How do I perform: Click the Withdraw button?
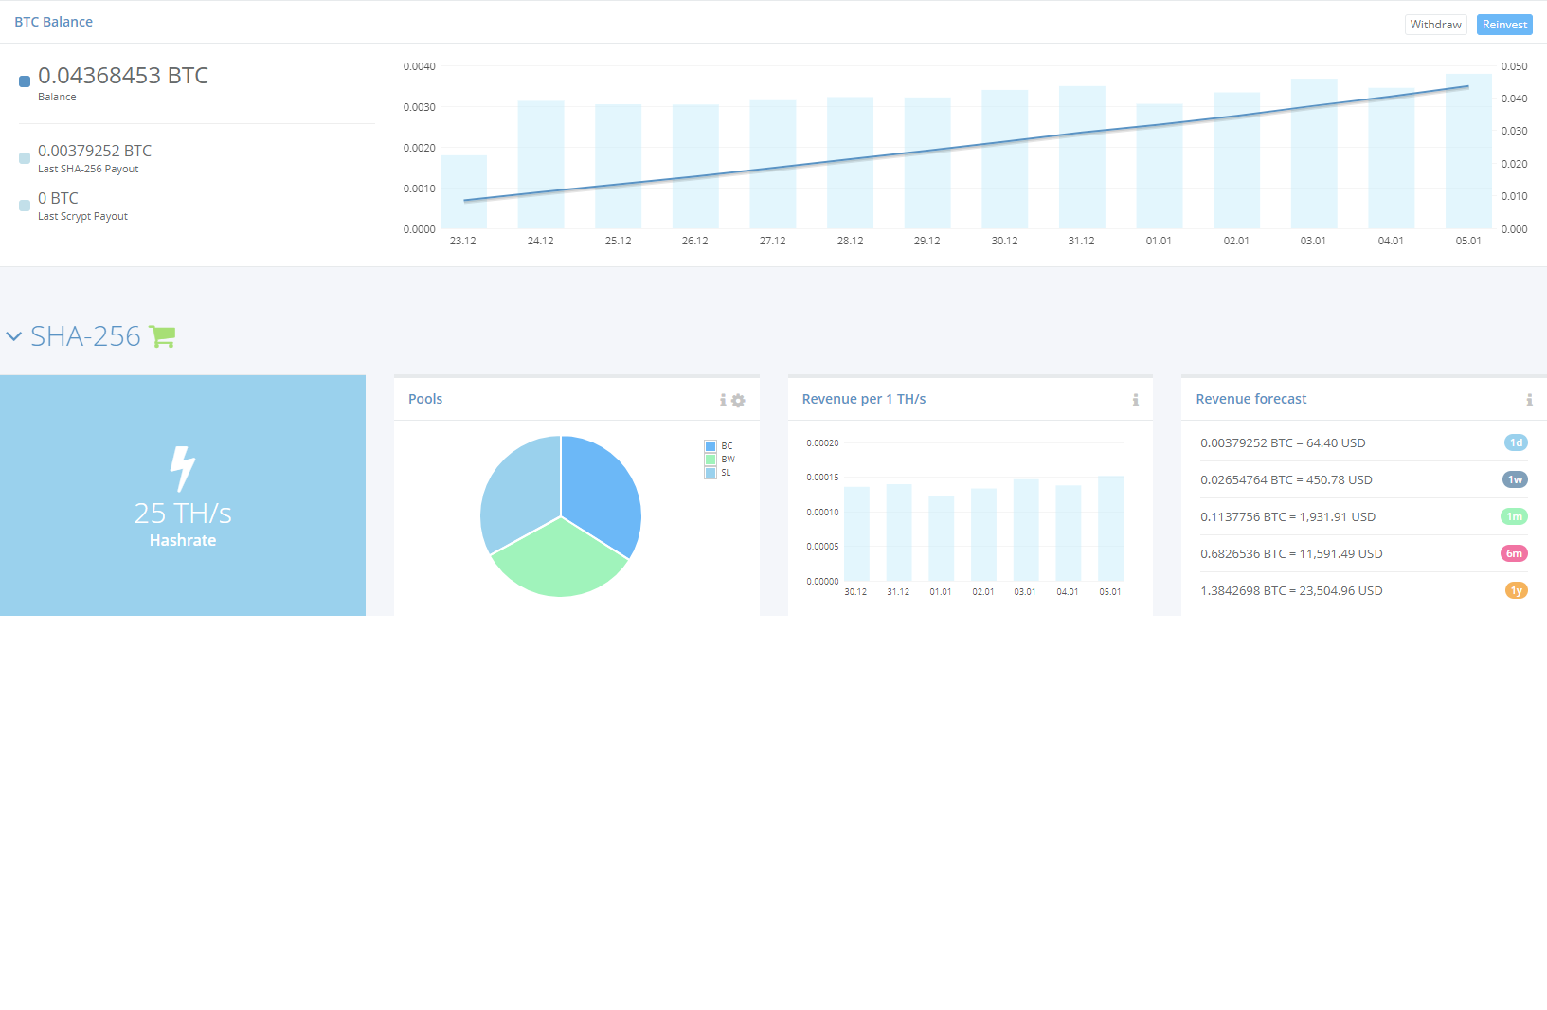1435,25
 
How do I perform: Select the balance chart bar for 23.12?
463,192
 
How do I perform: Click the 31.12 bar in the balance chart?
1082,157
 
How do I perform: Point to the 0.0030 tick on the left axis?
420,107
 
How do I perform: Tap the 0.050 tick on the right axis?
1514,66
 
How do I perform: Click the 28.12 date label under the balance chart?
850,241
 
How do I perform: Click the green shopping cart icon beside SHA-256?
162,336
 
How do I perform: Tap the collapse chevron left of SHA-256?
14,336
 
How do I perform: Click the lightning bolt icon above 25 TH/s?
182,468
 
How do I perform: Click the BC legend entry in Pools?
719,445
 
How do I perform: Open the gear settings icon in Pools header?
738,400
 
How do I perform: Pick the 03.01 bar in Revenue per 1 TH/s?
1026,530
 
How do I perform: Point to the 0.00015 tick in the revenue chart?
822,478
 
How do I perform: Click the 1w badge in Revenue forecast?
1515,479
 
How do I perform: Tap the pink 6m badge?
1514,553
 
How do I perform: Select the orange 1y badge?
1516,590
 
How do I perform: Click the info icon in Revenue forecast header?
1529,400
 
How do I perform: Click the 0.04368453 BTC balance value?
123,75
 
